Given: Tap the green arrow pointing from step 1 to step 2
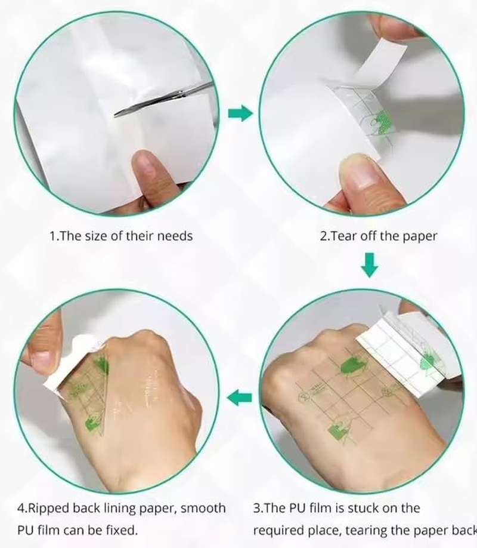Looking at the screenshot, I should [x=241, y=113].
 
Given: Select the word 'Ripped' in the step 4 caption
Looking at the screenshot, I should [x=48, y=508].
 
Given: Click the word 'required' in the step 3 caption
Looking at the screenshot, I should [x=278, y=529].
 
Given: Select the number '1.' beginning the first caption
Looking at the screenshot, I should [x=54, y=236].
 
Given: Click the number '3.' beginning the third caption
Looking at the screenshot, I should [x=258, y=508].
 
